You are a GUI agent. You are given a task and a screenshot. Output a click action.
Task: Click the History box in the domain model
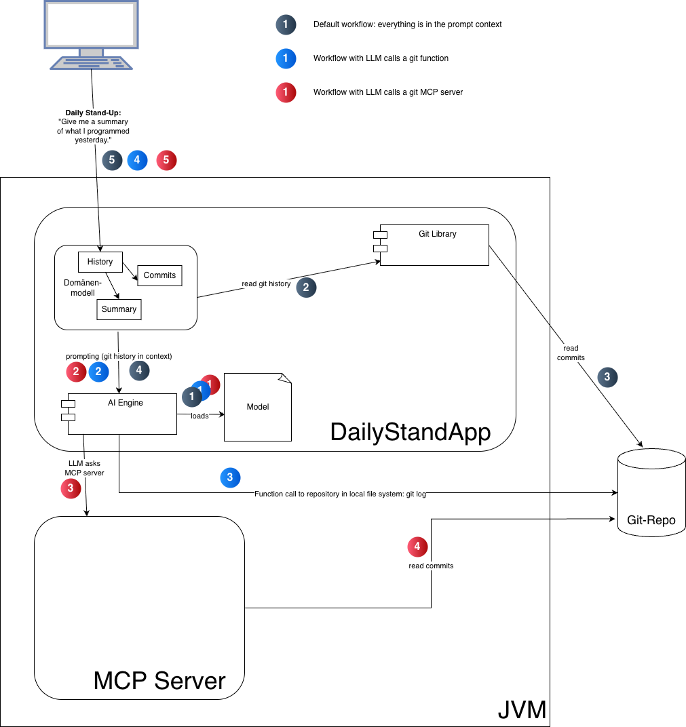pyautogui.click(x=100, y=262)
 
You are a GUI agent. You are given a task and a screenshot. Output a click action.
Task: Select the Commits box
pyautogui.click(x=159, y=275)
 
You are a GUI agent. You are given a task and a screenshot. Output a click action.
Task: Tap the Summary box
pyautogui.click(x=119, y=309)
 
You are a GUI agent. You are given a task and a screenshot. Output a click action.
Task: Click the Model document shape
pyautogui.click(x=257, y=407)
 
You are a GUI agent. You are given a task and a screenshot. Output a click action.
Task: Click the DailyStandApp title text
pyautogui.click(x=410, y=432)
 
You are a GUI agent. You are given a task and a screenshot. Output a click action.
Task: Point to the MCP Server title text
pyautogui.click(x=159, y=680)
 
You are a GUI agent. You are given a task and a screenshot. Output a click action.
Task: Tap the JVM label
pyautogui.click(x=522, y=709)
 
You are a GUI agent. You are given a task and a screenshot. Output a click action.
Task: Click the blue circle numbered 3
pyautogui.click(x=230, y=477)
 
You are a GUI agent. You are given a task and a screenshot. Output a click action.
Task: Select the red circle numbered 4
pyautogui.click(x=417, y=546)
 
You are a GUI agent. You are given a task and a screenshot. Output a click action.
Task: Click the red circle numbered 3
pyautogui.click(x=71, y=488)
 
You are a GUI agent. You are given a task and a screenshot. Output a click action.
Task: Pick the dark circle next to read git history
pyautogui.click(x=306, y=287)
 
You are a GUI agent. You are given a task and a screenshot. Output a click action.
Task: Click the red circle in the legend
pyautogui.click(x=286, y=92)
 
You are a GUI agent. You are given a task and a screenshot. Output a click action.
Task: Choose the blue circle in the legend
pyautogui.click(x=286, y=58)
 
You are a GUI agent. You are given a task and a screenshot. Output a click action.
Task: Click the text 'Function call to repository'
pyautogui.click(x=340, y=494)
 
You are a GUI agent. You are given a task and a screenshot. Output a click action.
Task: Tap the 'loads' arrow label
pyautogui.click(x=199, y=416)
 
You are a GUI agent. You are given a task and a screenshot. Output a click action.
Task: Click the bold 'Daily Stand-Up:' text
pyautogui.click(x=93, y=113)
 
